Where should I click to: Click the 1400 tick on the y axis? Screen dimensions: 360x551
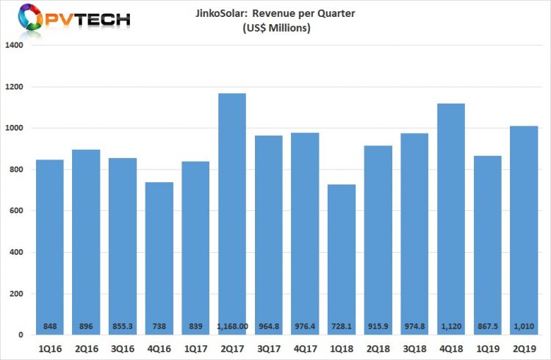[15, 46]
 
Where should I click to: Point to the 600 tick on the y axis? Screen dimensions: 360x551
[17, 212]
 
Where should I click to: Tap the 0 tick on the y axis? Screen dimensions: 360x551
[21, 336]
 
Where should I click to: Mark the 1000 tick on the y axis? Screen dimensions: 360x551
[15, 129]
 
